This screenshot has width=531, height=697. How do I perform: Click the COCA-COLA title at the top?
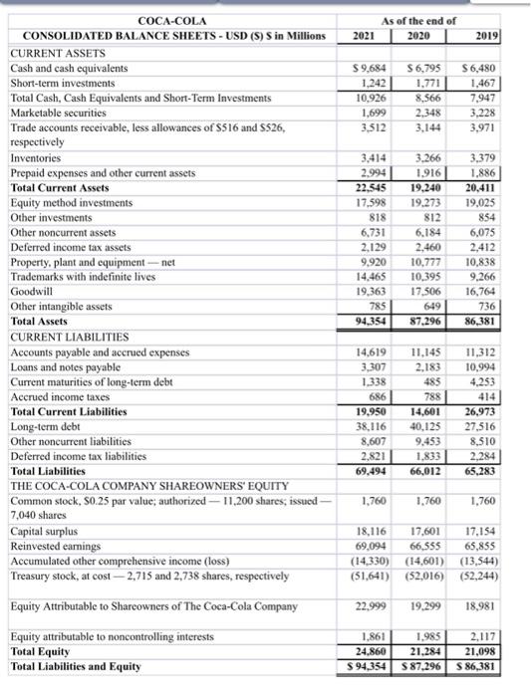pyautogui.click(x=166, y=19)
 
